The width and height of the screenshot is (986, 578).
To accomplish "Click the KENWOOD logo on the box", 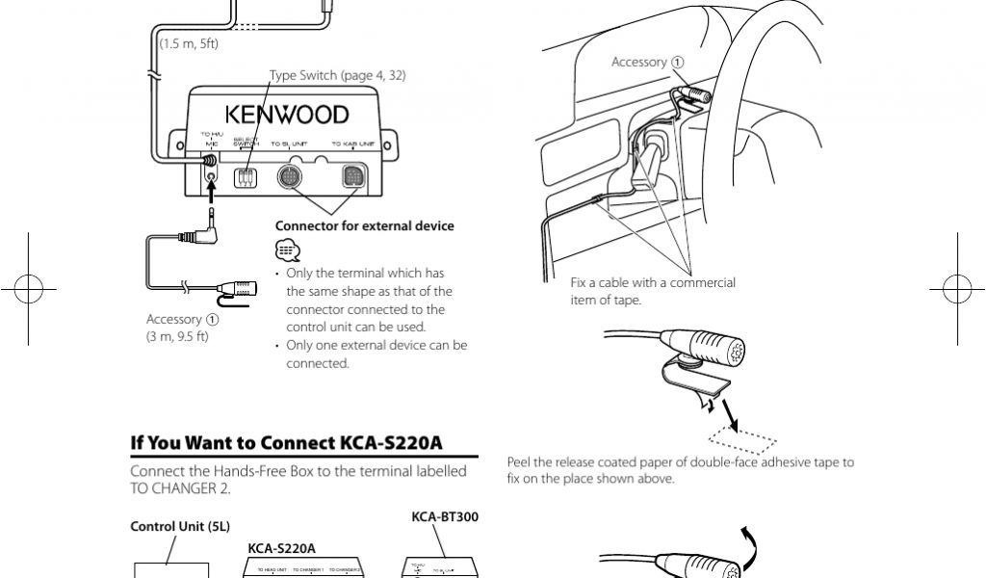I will pos(287,116).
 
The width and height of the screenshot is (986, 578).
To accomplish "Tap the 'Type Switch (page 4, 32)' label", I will pos(337,76).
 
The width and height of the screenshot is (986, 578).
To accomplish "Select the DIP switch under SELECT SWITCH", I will pos(246,177).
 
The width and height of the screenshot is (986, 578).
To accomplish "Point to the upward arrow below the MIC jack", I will pos(211,197).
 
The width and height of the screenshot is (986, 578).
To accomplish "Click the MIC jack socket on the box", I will pos(211,177).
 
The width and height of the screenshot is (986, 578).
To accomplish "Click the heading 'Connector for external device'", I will pos(364,226).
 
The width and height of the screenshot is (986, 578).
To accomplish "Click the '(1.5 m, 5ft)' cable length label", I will pos(189,44).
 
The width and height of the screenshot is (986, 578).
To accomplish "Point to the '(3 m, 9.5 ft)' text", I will pos(177,336).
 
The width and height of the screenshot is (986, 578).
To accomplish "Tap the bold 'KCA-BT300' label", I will pos(445,516).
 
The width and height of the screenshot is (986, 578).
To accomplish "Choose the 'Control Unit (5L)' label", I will pos(179,526).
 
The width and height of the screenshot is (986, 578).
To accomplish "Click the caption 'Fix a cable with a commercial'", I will pos(653,283).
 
